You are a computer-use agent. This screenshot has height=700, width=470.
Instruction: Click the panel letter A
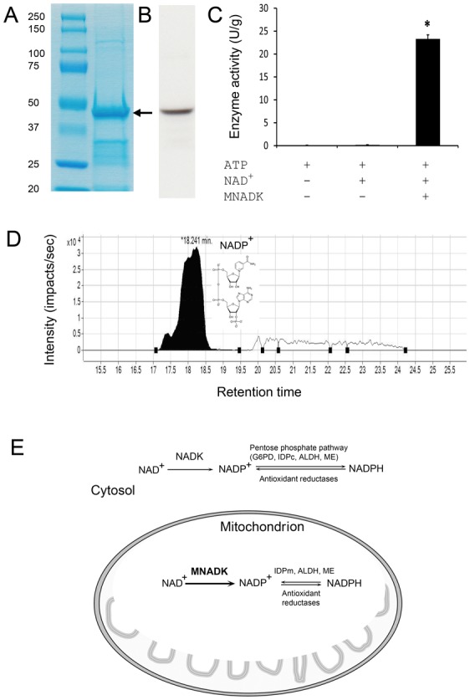[x=13, y=15]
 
